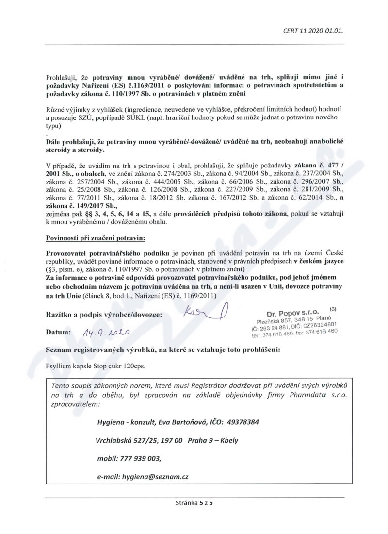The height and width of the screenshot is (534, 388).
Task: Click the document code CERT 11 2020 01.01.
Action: click(313, 30)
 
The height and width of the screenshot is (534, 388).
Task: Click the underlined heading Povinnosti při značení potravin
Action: click(95, 238)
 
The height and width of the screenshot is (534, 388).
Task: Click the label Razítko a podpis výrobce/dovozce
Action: click(104, 314)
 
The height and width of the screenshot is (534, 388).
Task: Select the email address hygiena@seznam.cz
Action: click(150, 476)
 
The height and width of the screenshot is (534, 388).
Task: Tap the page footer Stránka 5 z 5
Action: click(194, 503)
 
